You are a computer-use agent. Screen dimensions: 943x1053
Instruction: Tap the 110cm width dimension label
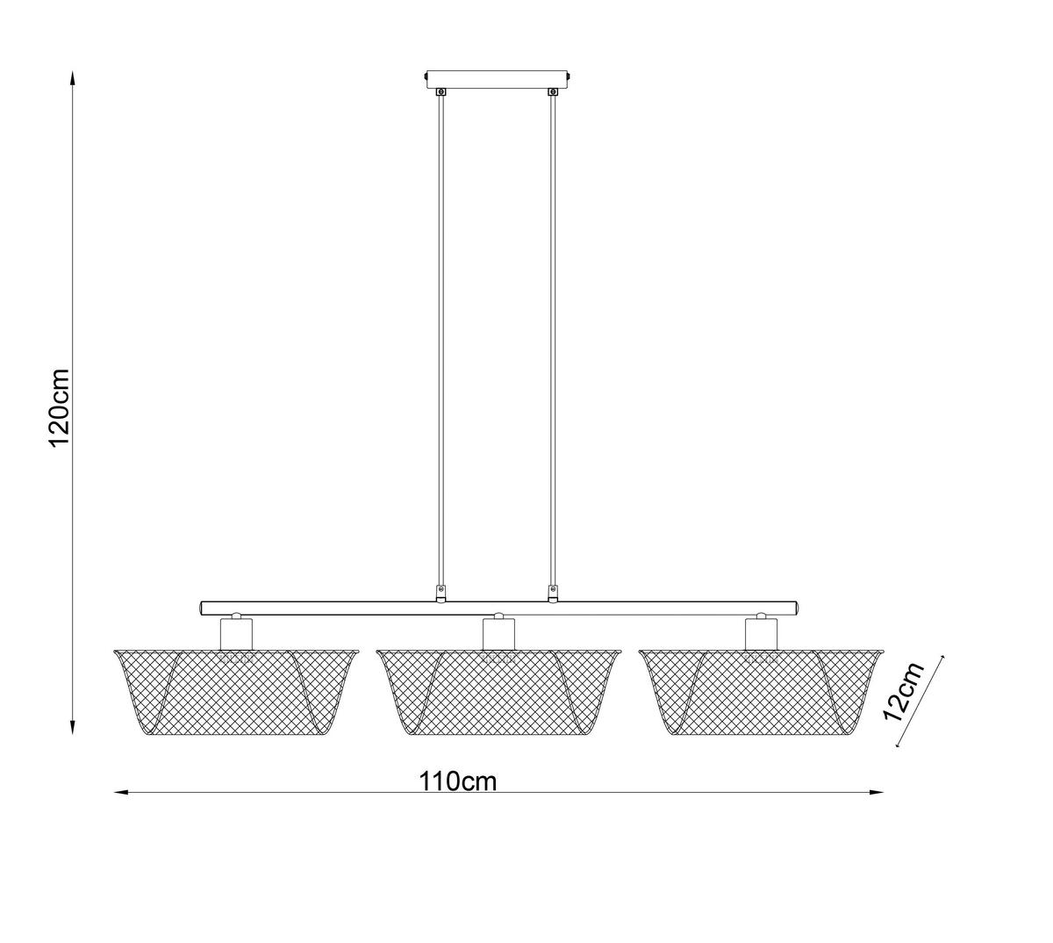457,780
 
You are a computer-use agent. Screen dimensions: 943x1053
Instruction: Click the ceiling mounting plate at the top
498,78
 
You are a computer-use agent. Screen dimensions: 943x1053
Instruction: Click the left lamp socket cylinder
235,632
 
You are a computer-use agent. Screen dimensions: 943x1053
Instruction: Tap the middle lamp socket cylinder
498,632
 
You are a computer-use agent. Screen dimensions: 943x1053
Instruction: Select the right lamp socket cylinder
761,632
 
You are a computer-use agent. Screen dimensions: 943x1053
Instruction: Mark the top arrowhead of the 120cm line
73,77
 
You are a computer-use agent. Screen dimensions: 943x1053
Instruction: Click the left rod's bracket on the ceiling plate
441,90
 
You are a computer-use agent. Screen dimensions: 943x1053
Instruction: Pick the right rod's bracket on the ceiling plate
553,90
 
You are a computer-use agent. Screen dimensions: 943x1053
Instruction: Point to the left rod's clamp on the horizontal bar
441,594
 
